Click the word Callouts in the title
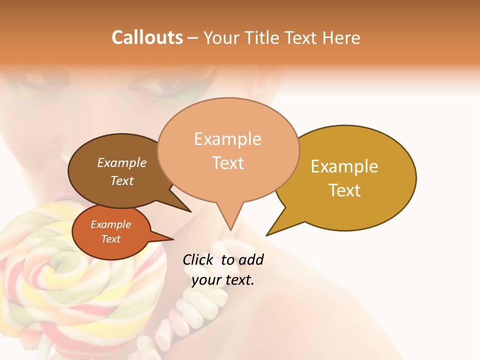click(147, 37)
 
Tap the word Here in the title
click(342, 37)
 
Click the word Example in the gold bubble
click(344, 166)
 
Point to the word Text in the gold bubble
click(344, 190)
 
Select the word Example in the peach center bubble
click(228, 139)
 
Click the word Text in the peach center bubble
click(228, 163)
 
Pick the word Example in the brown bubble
click(122, 163)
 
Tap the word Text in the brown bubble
click(122, 180)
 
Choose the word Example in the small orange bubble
click(111, 224)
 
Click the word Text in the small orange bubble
click(111, 239)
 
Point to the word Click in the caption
click(199, 260)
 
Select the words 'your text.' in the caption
click(223, 280)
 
